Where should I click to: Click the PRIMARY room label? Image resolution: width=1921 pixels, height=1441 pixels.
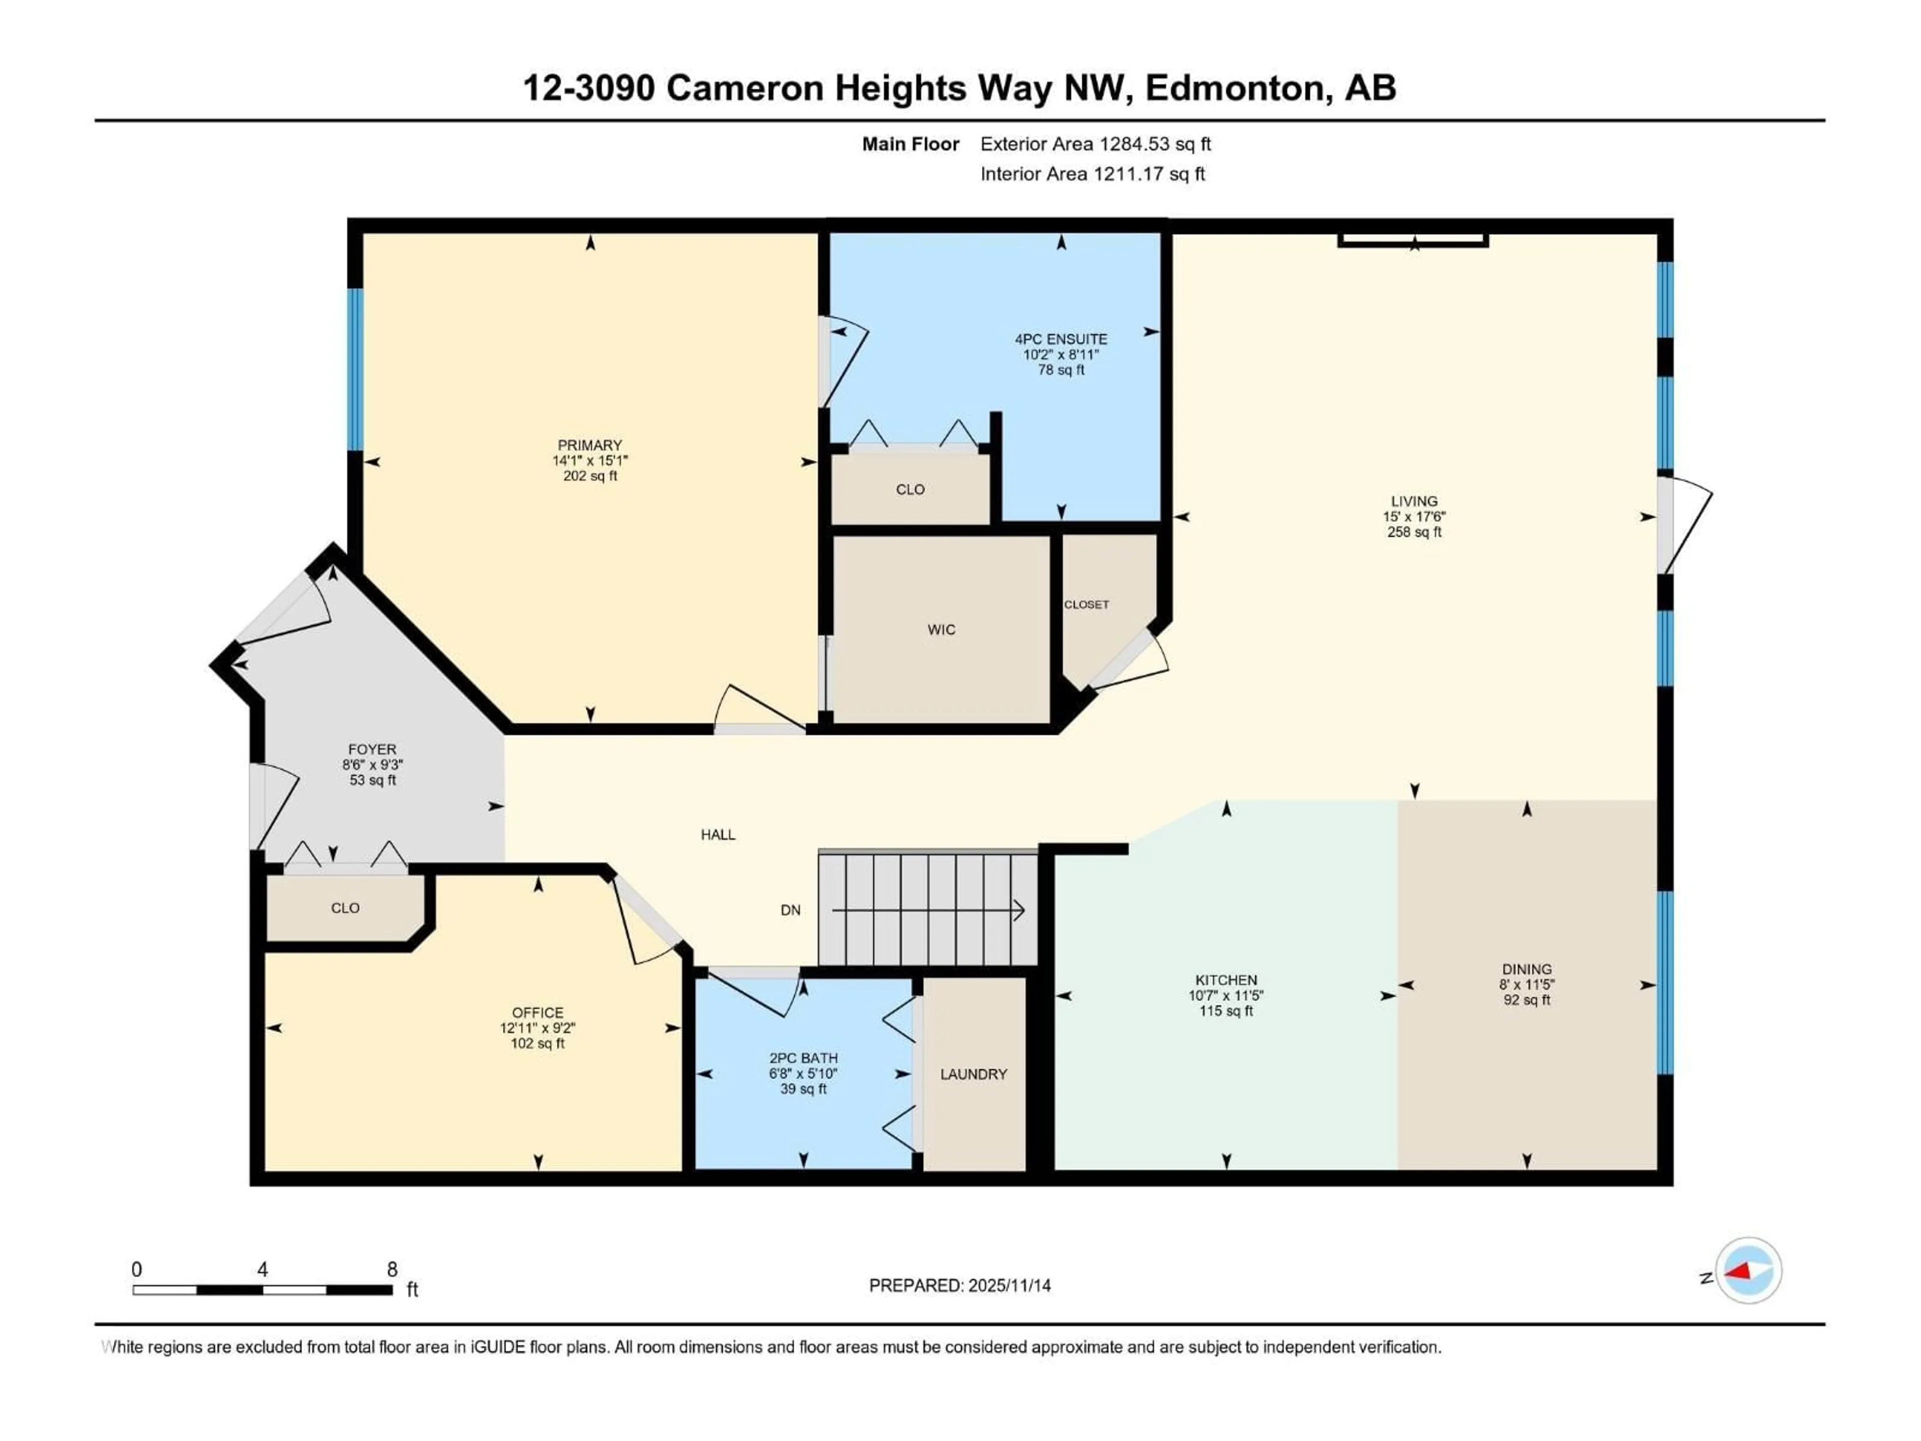pyautogui.click(x=590, y=445)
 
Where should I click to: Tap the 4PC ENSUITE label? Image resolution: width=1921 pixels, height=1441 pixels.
pyautogui.click(x=1061, y=339)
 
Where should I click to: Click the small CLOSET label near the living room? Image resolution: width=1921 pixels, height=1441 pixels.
pyautogui.click(x=1087, y=604)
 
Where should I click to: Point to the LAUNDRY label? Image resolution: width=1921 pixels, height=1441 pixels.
pyautogui.click(x=974, y=1074)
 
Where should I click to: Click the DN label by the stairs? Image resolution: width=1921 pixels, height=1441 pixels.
pyautogui.click(x=790, y=910)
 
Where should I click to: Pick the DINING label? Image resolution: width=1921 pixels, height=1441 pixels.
pyautogui.click(x=1527, y=969)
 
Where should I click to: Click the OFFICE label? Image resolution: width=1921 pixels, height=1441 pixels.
pyautogui.click(x=538, y=1013)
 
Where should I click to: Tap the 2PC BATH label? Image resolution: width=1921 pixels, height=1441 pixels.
pyautogui.click(x=803, y=1058)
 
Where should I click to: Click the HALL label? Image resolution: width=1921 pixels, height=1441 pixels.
pyautogui.click(x=718, y=835)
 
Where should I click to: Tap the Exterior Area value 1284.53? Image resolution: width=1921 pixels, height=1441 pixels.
pyautogui.click(x=1134, y=144)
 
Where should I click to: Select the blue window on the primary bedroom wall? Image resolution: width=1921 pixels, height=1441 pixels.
pyautogui.click(x=355, y=369)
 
